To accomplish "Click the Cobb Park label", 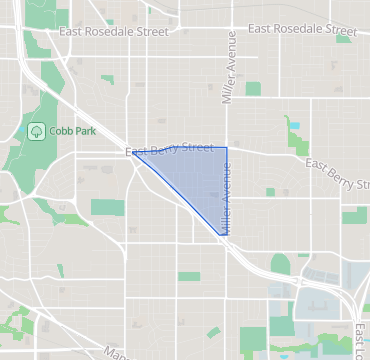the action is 68,130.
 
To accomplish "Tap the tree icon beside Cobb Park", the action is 37,130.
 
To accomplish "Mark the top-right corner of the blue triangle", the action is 227,148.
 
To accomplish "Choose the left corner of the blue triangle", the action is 132,152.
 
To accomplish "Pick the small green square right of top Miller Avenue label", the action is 253,89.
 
